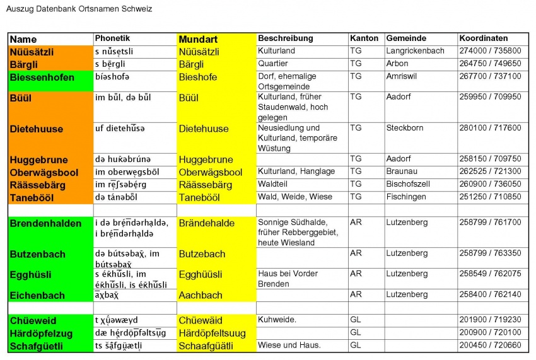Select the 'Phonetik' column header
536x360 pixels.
tap(112, 38)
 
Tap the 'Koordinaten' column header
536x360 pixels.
tap(484, 38)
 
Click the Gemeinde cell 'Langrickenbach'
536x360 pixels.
tap(415, 51)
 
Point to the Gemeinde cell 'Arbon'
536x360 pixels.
tap(397, 64)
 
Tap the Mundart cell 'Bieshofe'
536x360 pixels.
tap(197, 77)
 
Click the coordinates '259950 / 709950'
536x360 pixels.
tap(490, 97)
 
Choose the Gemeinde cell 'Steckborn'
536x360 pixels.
tap(404, 128)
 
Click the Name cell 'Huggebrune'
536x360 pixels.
tap(38, 160)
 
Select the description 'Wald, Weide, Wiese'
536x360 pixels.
tap(294, 197)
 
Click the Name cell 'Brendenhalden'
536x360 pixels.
tap(45, 223)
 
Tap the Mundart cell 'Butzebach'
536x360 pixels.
tap(202, 254)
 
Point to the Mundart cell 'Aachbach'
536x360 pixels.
tap(201, 295)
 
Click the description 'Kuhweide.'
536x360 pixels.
tap(277, 320)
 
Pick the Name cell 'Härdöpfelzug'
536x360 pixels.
tap(41, 333)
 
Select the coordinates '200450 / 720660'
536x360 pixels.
tap(490, 345)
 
